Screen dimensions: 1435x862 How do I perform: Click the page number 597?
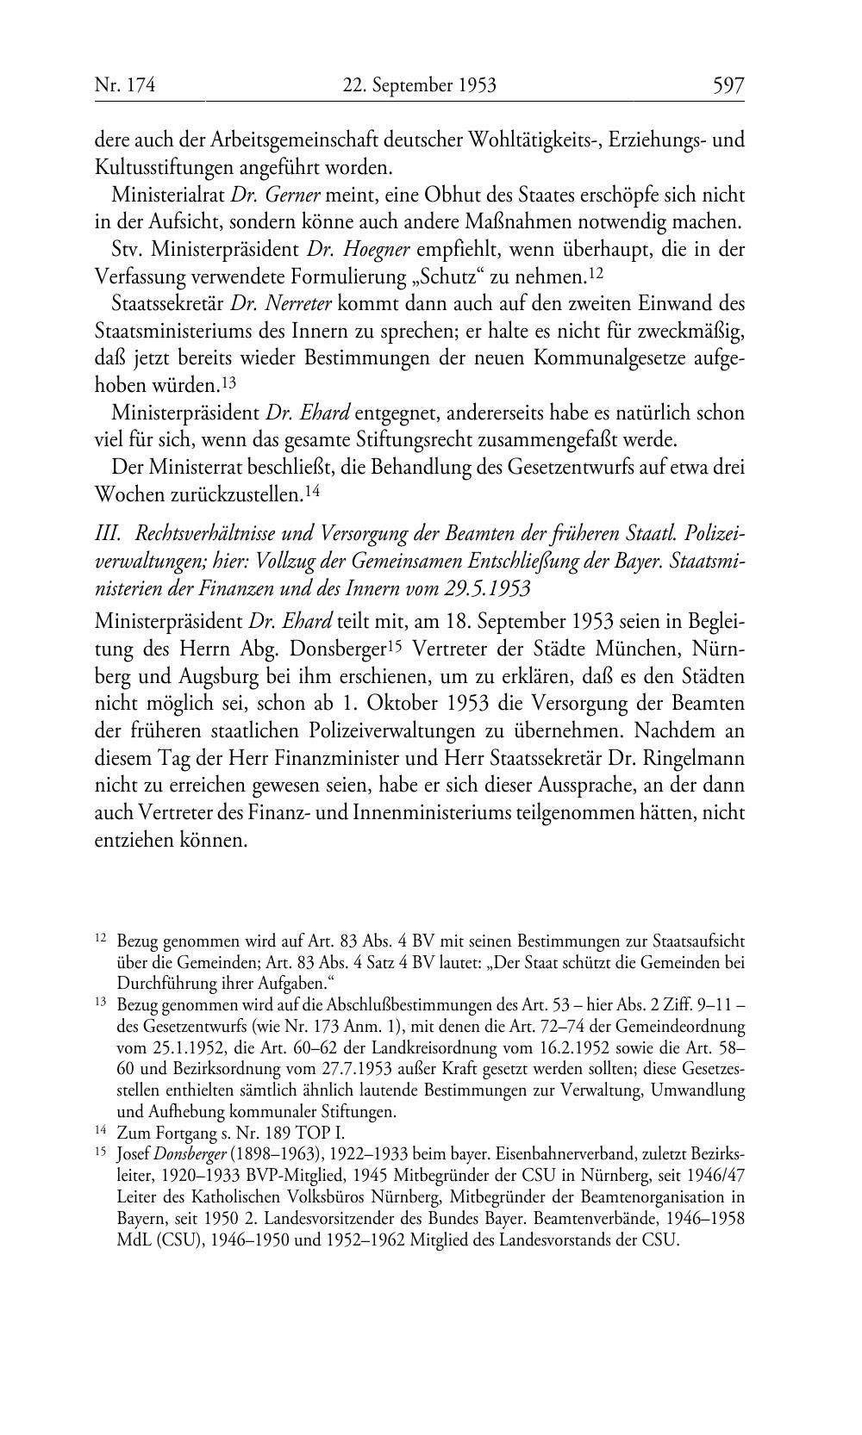(728, 85)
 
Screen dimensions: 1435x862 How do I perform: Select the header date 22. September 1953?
(419, 85)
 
